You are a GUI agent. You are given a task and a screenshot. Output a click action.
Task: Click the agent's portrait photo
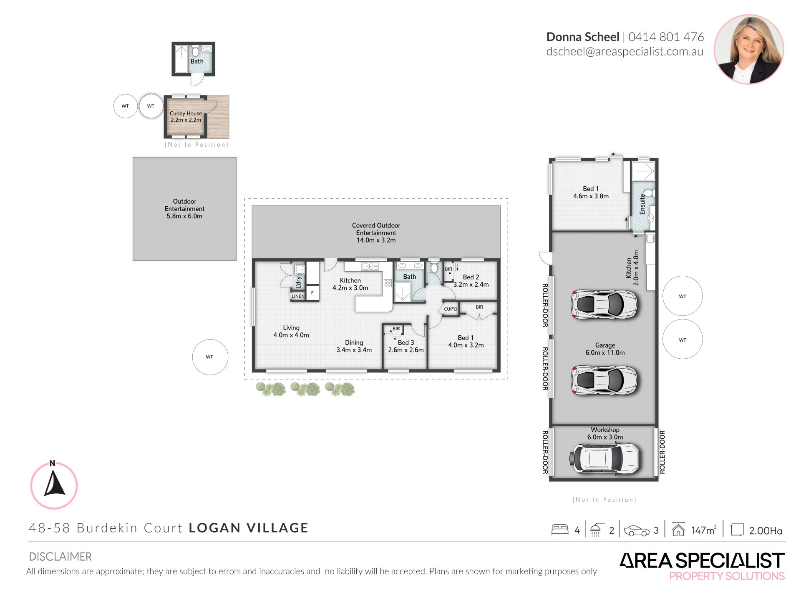pyautogui.click(x=749, y=49)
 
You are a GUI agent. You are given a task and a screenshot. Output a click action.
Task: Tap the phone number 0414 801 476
pyautogui.click(x=666, y=37)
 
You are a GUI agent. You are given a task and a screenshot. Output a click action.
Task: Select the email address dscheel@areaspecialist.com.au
pyautogui.click(x=625, y=52)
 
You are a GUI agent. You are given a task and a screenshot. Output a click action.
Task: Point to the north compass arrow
pyautogui.click(x=55, y=483)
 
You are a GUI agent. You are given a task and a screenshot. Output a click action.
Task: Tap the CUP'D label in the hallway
pyautogui.click(x=451, y=309)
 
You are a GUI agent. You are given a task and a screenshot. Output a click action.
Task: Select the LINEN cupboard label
pyautogui.click(x=298, y=296)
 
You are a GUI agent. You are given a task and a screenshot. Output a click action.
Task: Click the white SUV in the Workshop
pyautogui.click(x=605, y=458)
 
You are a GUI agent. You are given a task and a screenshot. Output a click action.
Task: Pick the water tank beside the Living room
pyautogui.click(x=210, y=357)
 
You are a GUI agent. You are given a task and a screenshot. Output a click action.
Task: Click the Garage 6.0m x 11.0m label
pyautogui.click(x=605, y=349)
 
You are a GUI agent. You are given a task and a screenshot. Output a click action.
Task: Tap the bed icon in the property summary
pyautogui.click(x=560, y=530)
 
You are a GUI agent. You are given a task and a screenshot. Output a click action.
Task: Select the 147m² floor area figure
pyautogui.click(x=703, y=530)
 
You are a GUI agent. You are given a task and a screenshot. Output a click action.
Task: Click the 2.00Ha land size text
pyautogui.click(x=766, y=530)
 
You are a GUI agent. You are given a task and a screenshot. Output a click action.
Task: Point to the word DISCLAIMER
pyautogui.click(x=60, y=557)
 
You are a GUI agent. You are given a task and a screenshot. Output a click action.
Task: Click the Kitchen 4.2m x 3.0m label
pyautogui.click(x=350, y=284)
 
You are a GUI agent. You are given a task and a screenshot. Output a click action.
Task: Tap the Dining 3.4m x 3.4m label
pyautogui.click(x=354, y=346)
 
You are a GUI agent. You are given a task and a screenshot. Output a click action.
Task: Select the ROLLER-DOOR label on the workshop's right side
pyautogui.click(x=662, y=452)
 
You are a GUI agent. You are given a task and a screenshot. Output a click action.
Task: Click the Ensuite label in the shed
pyautogui.click(x=642, y=204)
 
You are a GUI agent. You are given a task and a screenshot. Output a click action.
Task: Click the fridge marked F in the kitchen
pyautogui.click(x=312, y=293)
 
